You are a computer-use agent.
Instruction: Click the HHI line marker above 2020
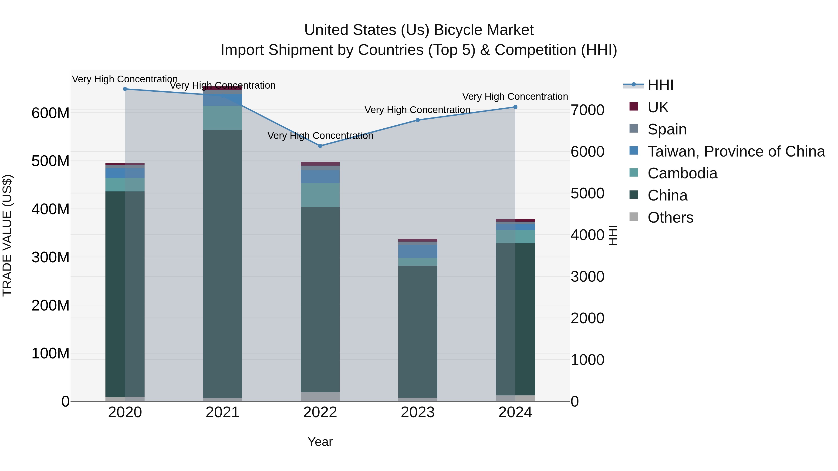pyautogui.click(x=125, y=89)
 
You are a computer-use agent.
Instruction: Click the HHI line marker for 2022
pyautogui.click(x=320, y=146)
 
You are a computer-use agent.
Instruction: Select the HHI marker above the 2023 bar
pyautogui.click(x=418, y=120)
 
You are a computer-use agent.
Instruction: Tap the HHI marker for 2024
pyautogui.click(x=515, y=107)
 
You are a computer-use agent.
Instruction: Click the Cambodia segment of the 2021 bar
pyautogui.click(x=223, y=118)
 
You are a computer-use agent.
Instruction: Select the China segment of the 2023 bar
pyautogui.click(x=418, y=331)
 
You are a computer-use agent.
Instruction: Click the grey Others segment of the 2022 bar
pyautogui.click(x=320, y=396)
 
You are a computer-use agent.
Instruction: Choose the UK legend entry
pyautogui.click(x=658, y=107)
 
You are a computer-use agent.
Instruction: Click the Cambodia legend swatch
pyautogui.click(x=634, y=173)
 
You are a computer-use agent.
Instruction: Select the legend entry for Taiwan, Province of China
pyautogui.click(x=736, y=151)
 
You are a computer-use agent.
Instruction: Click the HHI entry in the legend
pyautogui.click(x=660, y=85)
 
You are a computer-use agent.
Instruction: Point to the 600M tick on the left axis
pyautogui.click(x=51, y=113)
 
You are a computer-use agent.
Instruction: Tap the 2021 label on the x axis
pyautogui.click(x=223, y=412)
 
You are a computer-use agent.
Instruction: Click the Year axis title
pyautogui.click(x=320, y=442)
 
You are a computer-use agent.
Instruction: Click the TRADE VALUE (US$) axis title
pyautogui.click(x=7, y=235)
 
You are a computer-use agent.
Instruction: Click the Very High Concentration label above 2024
pyautogui.click(x=515, y=97)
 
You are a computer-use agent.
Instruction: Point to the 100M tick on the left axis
pyautogui.click(x=51, y=353)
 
